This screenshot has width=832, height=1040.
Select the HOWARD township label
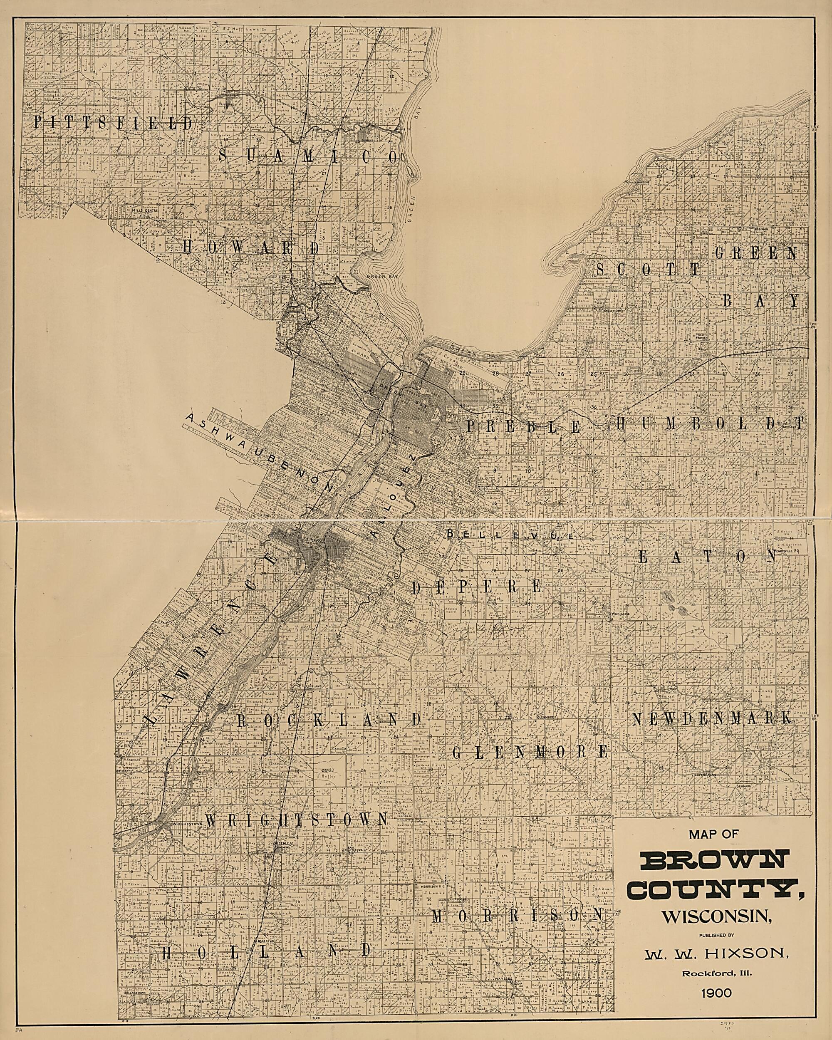(x=251, y=248)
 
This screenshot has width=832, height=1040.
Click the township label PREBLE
(x=523, y=426)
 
